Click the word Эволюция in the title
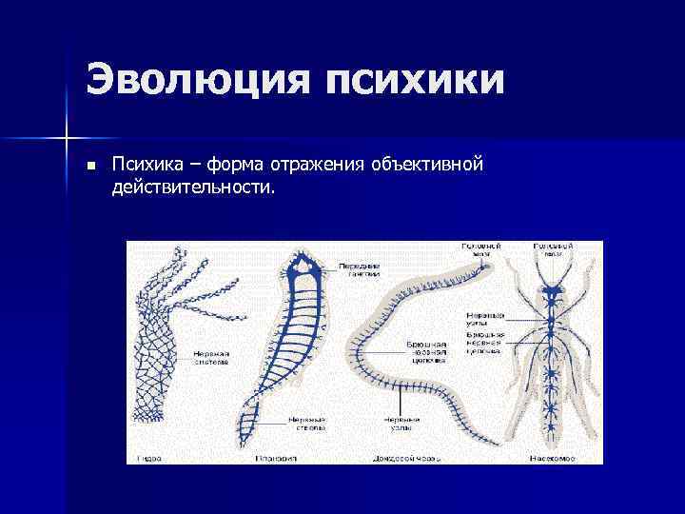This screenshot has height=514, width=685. click(196, 79)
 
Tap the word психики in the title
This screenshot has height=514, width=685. click(412, 79)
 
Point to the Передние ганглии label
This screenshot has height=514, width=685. click(359, 268)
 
